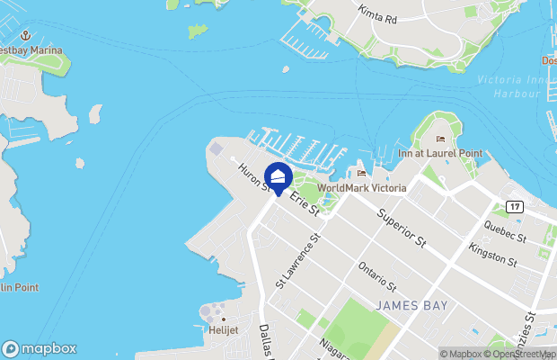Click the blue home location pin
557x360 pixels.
pyautogui.click(x=278, y=177)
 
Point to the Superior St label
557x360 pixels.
pyautogui.click(x=401, y=229)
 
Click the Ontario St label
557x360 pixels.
pyautogui.click(x=376, y=274)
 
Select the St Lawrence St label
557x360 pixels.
pyautogui.click(x=297, y=261)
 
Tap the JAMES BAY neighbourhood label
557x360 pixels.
pyautogui.click(x=411, y=306)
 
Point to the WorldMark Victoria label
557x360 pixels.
pyautogui.click(x=362, y=188)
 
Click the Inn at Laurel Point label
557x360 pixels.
pyautogui.click(x=440, y=154)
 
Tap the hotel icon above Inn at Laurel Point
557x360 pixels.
pyautogui.click(x=440, y=139)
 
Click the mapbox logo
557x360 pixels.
pyautogui.click(x=40, y=348)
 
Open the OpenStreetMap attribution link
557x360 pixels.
pyautogui.click(x=522, y=354)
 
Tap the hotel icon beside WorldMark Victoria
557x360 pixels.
pyautogui.click(x=361, y=174)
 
